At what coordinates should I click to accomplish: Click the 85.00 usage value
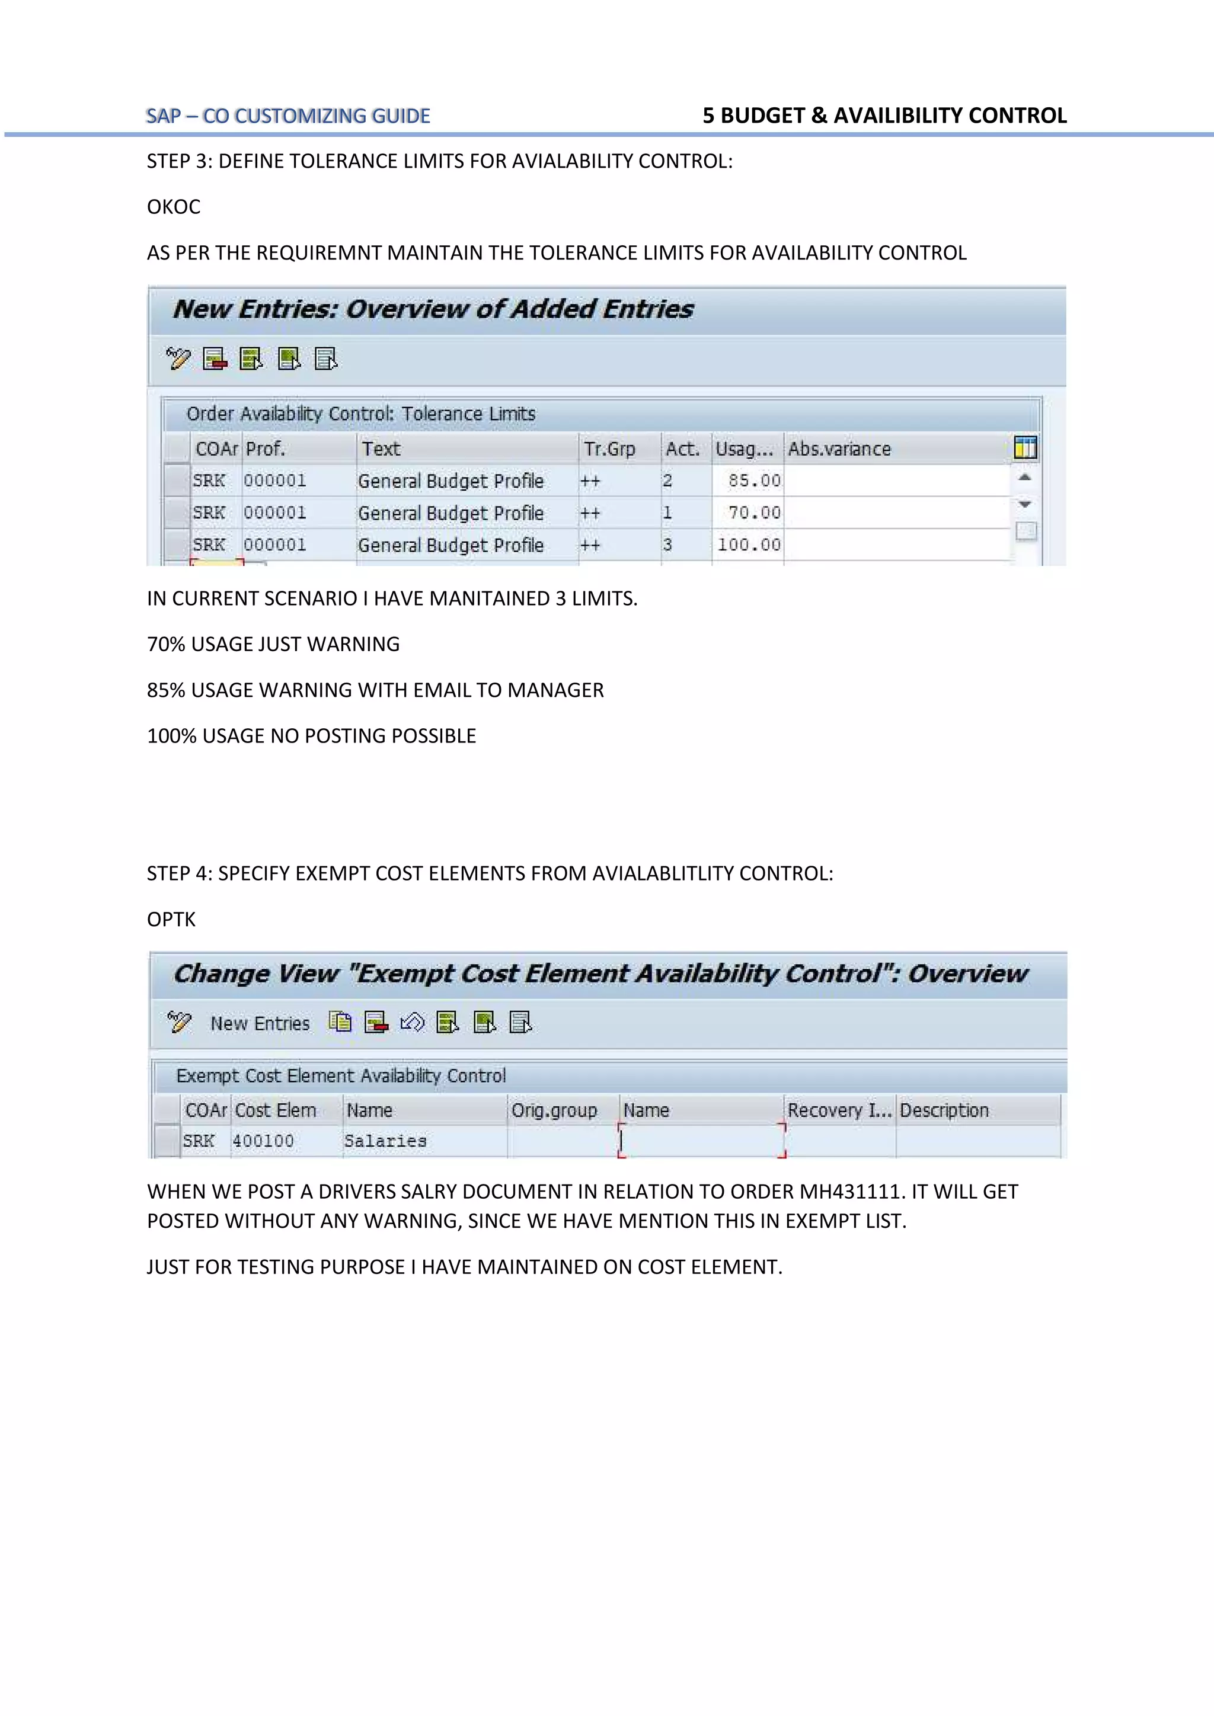[753, 481]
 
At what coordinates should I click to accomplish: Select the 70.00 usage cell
[753, 513]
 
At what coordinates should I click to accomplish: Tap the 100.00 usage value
[749, 545]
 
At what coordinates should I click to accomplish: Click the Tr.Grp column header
[609, 449]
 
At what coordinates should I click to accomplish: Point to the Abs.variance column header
[839, 449]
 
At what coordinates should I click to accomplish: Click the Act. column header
[682, 449]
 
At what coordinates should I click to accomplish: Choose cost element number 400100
[263, 1141]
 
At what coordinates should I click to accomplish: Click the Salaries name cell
[385, 1141]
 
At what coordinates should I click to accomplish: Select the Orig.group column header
[554, 1110]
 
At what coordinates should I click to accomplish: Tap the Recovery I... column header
[839, 1110]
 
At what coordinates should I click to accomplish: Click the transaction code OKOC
[174, 207]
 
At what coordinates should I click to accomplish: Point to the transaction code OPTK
[171, 920]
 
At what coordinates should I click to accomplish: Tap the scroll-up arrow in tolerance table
[1025, 477]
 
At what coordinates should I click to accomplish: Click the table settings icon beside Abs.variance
[1025, 448]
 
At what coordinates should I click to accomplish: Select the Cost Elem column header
[275, 1110]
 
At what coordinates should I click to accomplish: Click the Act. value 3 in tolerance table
[667, 545]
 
